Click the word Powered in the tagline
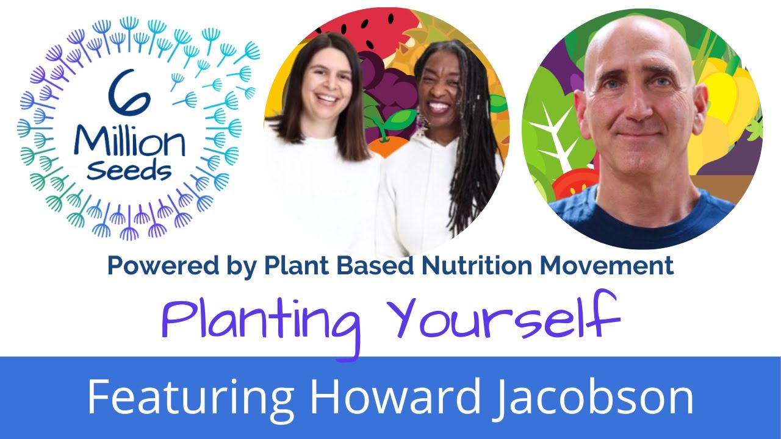(x=149, y=266)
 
